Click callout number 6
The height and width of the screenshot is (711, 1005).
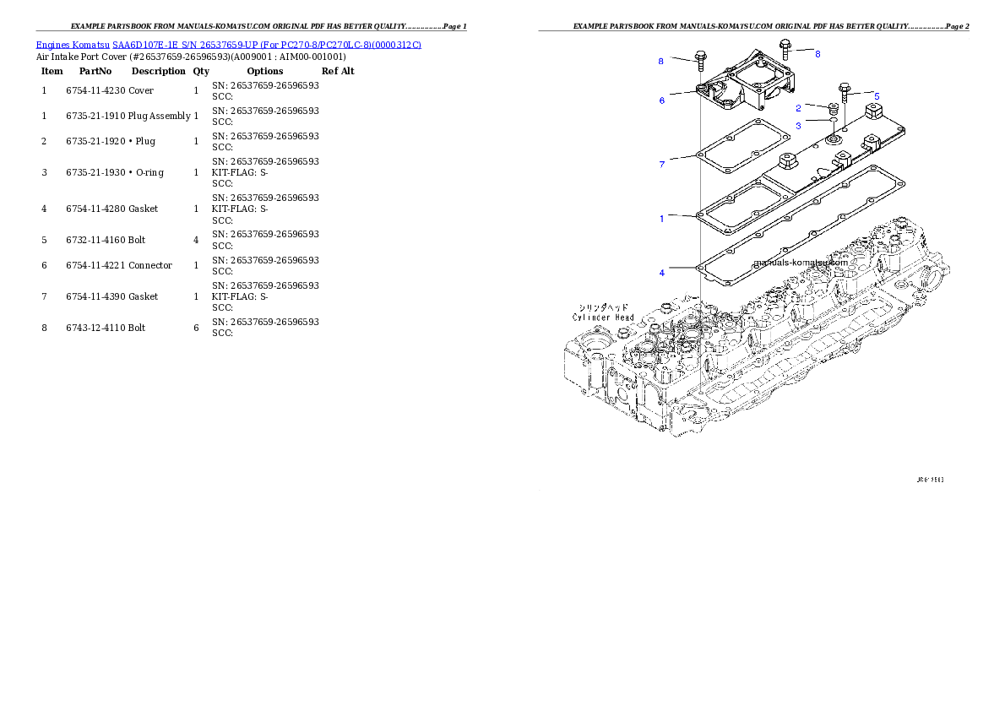click(662, 100)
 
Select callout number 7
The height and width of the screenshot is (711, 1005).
click(662, 164)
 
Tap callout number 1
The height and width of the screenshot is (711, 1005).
click(662, 219)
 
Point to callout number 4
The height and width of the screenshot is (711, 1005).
click(662, 273)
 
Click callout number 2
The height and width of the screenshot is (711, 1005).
click(798, 108)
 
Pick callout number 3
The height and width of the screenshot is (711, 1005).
click(798, 126)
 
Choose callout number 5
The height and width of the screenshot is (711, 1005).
click(877, 96)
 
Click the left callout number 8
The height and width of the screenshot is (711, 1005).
click(661, 61)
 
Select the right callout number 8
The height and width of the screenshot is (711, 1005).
click(818, 53)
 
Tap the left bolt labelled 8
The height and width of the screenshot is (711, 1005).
click(700, 60)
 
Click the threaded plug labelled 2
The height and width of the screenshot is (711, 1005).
click(831, 111)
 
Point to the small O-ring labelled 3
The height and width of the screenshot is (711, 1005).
click(832, 125)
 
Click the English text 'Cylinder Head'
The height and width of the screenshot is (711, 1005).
click(603, 318)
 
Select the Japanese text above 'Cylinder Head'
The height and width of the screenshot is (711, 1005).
click(603, 307)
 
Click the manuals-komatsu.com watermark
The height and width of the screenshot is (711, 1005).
click(800, 262)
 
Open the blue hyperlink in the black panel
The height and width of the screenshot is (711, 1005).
click(228, 44)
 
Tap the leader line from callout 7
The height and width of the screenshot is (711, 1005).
click(681, 159)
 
